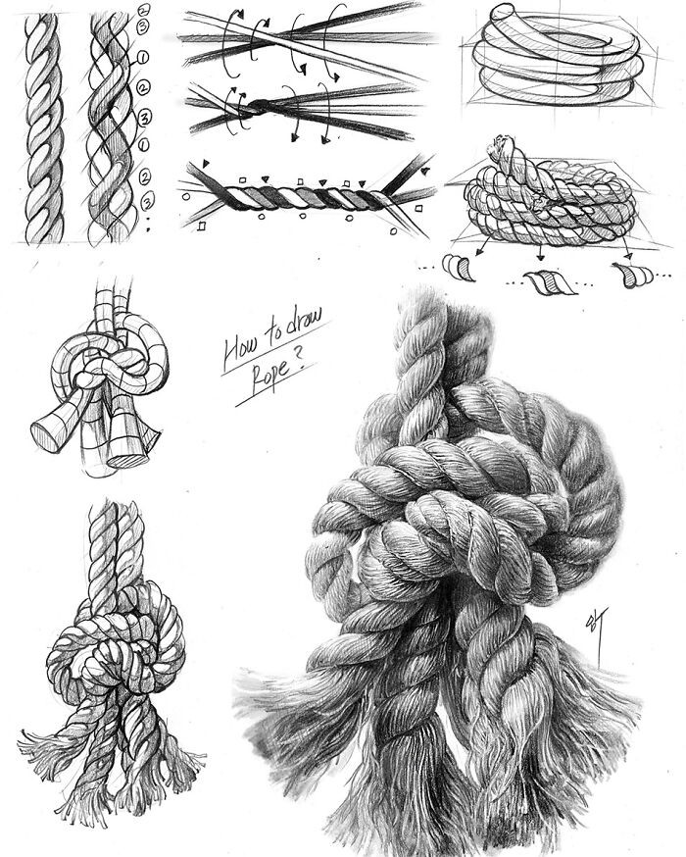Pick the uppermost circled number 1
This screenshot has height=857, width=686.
click(x=143, y=57)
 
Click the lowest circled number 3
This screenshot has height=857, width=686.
click(x=147, y=202)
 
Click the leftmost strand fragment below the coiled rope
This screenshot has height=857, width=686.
click(x=460, y=268)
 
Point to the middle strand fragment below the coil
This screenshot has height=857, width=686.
click(x=550, y=282)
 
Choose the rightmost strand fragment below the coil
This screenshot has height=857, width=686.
click(x=632, y=275)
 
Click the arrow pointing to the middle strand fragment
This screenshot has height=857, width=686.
click(x=541, y=250)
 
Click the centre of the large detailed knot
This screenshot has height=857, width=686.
click(x=465, y=525)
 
